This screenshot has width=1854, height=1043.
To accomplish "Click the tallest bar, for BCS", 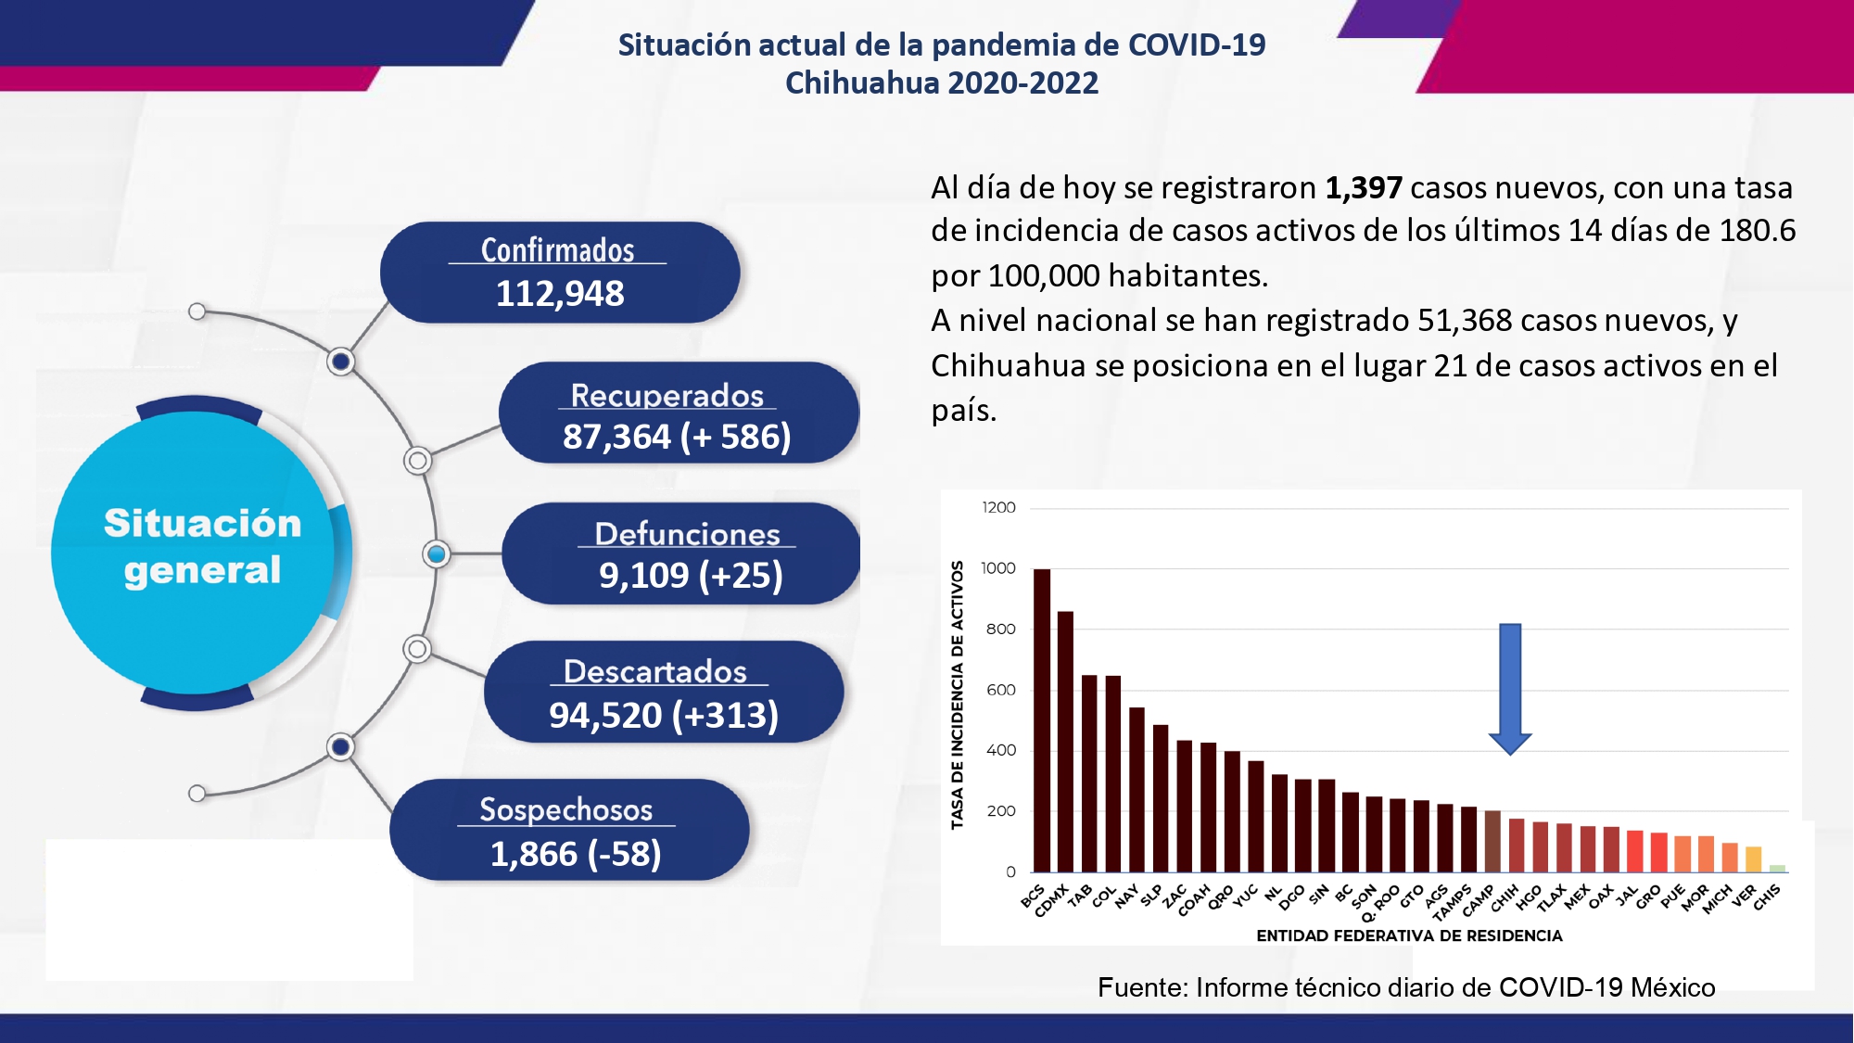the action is click(x=1042, y=720).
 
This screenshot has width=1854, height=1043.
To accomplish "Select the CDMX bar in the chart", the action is click(x=1065, y=742).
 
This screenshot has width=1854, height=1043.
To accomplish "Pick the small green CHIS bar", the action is click(x=1777, y=869).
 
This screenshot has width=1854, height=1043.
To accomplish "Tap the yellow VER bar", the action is click(x=1753, y=859).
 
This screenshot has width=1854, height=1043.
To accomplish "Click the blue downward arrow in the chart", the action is click(x=1510, y=689).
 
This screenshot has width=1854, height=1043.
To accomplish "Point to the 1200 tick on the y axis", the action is click(x=998, y=507).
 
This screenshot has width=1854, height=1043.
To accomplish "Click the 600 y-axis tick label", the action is click(x=1000, y=690).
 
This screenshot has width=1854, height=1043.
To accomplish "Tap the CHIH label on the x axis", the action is click(x=1504, y=897).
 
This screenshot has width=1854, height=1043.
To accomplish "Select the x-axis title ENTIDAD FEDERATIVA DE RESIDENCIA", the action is click(x=1409, y=935).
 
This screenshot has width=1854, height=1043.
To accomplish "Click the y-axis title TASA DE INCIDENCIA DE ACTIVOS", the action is click(x=957, y=694).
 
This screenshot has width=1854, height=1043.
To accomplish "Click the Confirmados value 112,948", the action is click(x=560, y=293).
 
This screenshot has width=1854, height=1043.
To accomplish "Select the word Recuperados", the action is click(x=667, y=395).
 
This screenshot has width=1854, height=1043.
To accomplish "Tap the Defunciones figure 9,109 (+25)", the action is click(x=691, y=575).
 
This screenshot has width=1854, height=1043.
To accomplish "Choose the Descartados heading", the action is click(x=654, y=670).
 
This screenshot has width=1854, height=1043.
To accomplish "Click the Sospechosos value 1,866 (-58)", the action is click(x=576, y=853).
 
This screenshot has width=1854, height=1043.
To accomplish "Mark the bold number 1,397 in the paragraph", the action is click(x=1363, y=187).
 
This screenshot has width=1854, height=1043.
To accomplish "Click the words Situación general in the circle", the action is click(x=203, y=546).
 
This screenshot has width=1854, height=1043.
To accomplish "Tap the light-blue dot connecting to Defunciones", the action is click(x=436, y=553).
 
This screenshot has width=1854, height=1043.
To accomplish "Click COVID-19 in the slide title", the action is click(x=1197, y=45).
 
